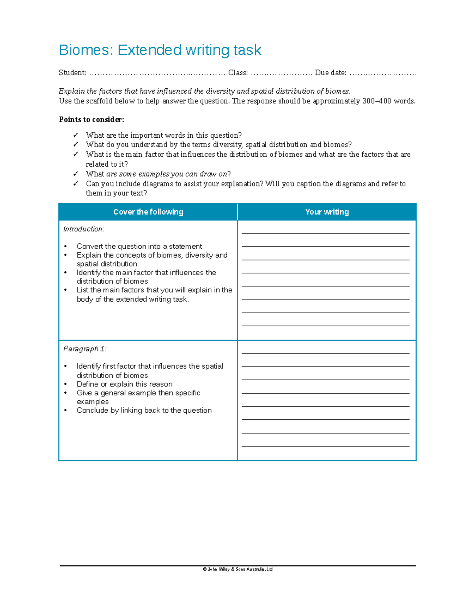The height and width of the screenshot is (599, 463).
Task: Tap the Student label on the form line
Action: click(72, 73)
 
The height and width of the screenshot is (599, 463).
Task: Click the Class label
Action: click(238, 73)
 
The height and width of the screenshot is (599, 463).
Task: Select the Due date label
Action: click(330, 73)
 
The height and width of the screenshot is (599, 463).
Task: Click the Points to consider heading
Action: click(91, 120)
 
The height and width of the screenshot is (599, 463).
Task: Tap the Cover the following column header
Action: click(148, 212)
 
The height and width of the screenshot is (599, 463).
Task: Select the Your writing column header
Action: click(327, 212)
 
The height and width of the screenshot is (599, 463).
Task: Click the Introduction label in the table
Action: click(84, 229)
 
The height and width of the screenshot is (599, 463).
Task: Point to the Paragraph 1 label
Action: click(84, 349)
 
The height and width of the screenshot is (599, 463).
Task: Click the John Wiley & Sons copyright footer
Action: click(238, 569)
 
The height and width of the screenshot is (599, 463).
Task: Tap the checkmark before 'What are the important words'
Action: click(76, 135)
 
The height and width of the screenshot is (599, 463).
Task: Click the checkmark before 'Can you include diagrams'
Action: click(76, 184)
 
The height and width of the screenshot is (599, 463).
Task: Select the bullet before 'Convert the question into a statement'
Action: click(66, 246)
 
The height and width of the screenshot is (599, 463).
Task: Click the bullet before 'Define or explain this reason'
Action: click(66, 384)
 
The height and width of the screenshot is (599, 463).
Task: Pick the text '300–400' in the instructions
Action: click(377, 101)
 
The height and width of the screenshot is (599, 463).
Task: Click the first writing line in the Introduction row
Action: click(325, 233)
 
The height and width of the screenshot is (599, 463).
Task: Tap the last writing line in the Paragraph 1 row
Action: click(325, 446)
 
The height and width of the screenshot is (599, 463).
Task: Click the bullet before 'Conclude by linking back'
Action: click(66, 410)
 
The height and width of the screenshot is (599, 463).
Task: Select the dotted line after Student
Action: click(157, 73)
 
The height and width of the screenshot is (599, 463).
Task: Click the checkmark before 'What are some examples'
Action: click(76, 174)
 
